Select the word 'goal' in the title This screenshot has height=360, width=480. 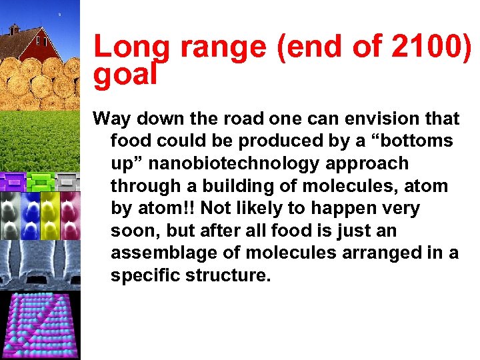(x=125, y=75)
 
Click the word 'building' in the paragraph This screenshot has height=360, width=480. (x=229, y=187)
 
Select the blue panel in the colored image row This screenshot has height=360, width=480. (x=30, y=215)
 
